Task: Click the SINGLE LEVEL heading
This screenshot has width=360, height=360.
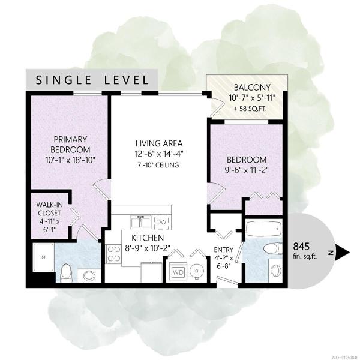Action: click(92, 80)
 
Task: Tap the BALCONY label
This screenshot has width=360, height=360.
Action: click(252, 88)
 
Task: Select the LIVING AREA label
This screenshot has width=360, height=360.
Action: click(159, 143)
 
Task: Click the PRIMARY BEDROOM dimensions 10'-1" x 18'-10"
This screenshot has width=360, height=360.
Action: click(70, 160)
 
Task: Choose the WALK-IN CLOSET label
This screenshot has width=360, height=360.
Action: click(49, 209)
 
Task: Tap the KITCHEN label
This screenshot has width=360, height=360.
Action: click(148, 238)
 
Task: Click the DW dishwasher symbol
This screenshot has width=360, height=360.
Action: click(163, 222)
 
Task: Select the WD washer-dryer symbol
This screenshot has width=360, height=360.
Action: click(178, 272)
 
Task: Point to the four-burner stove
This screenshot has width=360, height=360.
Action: click(113, 254)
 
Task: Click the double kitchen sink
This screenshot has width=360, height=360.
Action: click(140, 222)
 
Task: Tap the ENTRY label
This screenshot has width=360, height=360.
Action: click(223, 250)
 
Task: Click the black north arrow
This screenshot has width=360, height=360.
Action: click(342, 253)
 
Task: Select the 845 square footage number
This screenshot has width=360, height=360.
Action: click(301, 247)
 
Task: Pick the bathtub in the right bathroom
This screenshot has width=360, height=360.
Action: click(263, 229)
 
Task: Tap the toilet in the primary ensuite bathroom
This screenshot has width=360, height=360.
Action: click(67, 272)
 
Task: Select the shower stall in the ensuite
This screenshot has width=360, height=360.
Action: click(44, 257)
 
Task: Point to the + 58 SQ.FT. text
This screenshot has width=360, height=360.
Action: click(250, 109)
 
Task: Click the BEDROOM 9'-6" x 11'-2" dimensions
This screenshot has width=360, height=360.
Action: click(246, 170)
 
